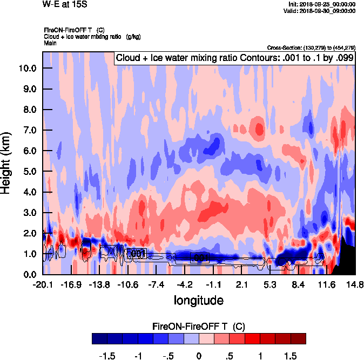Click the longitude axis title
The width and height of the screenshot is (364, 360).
[x=198, y=300]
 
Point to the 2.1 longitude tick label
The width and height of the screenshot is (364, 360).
[x=242, y=284]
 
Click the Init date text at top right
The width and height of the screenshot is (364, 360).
[x=322, y=4]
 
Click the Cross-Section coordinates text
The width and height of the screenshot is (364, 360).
[x=311, y=47]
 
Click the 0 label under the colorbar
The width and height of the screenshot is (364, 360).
[x=199, y=356]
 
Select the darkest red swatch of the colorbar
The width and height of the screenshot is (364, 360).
[x=298, y=338]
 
